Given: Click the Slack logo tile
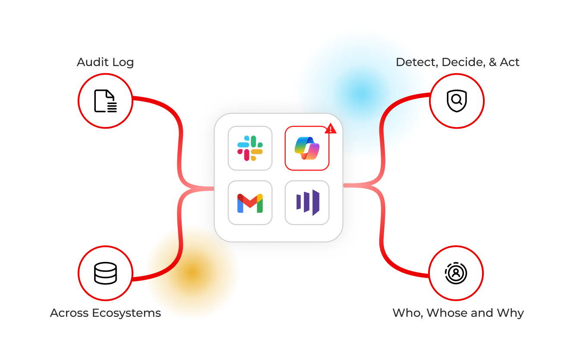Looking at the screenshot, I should [250, 148].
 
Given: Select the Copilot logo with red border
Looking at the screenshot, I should [307, 148].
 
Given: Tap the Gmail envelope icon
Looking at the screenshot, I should [250, 203].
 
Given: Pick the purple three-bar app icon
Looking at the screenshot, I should [307, 202].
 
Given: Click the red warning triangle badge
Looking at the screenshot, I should [331, 129].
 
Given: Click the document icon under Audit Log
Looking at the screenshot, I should [105, 101].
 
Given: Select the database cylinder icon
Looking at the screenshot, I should [105, 273].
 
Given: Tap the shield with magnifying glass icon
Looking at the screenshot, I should [457, 101].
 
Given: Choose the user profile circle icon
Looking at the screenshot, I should [456, 273].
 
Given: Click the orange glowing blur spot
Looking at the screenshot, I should [192, 272].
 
